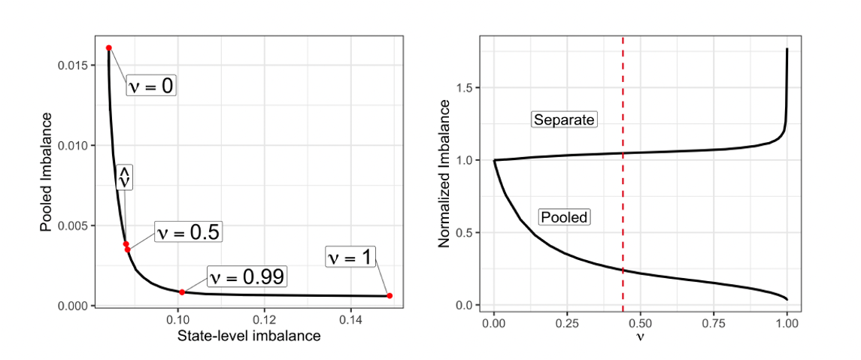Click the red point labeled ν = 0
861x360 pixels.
tap(109, 48)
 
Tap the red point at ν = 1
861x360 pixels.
tap(390, 295)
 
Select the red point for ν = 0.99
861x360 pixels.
tap(182, 292)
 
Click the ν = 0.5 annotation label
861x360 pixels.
tap(187, 232)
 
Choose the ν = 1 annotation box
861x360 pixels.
tap(350, 257)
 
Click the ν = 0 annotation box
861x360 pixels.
tap(151, 86)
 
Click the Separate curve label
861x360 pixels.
tap(563, 119)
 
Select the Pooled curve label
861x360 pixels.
tap(564, 217)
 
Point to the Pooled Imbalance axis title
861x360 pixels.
tap(47, 172)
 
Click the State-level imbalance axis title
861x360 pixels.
tap(249, 336)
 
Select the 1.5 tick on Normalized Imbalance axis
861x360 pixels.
tap(468, 88)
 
